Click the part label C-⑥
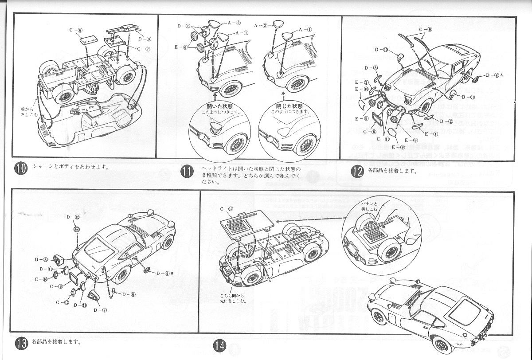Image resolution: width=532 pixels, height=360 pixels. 76,30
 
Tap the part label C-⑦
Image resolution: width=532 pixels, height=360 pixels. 145,49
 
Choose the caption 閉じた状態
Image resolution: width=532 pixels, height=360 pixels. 284,107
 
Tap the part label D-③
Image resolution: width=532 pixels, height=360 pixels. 372,68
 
